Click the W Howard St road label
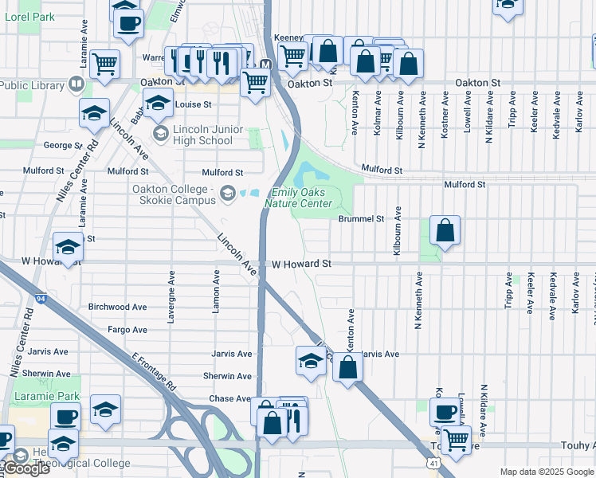[x=300, y=264]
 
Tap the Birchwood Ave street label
[x=118, y=307]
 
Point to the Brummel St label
[x=361, y=218]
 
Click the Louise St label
[x=193, y=104]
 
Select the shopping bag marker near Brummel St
[x=445, y=231]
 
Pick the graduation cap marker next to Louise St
[x=158, y=103]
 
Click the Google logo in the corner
[x=26, y=468]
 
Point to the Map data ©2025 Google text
[x=547, y=472]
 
